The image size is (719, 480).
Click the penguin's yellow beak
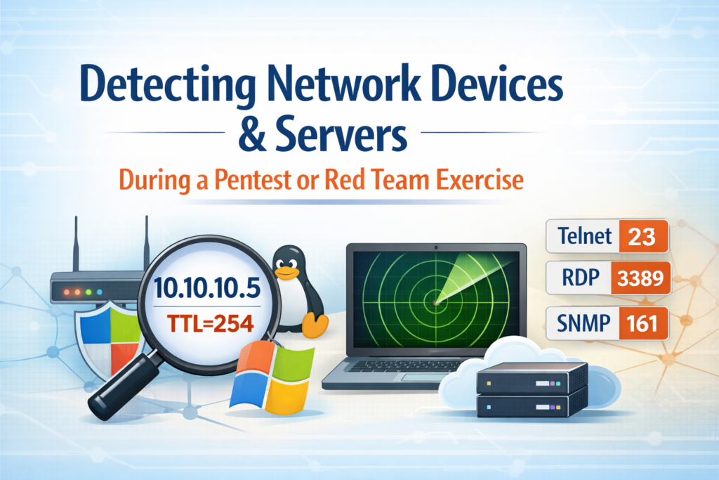coord(284,268)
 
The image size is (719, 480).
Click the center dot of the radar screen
coord(436,303)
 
